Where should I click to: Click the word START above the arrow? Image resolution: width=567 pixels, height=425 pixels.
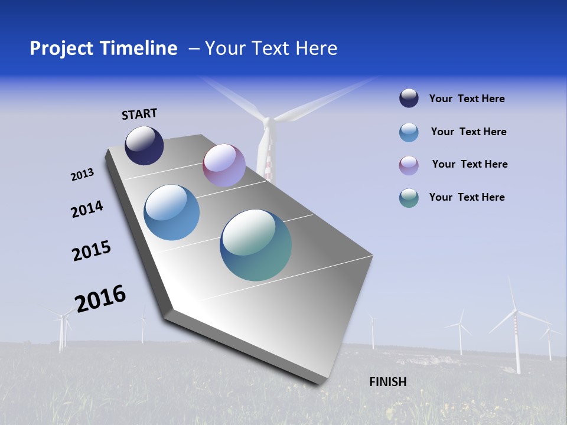pyautogui.click(x=139, y=114)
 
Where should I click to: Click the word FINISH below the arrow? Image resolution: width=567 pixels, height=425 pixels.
pyautogui.click(x=388, y=382)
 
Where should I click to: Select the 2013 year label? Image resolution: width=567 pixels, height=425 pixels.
pyautogui.click(x=82, y=175)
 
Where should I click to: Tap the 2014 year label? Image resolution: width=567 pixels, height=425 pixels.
pyautogui.click(x=87, y=209)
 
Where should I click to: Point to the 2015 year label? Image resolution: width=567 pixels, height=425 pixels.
pyautogui.click(x=92, y=250)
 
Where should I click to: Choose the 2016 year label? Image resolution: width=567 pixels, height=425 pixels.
pyautogui.click(x=100, y=298)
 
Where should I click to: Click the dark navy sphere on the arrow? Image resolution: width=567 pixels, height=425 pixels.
pyautogui.click(x=144, y=145)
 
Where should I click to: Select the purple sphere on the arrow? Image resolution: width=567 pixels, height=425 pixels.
pyautogui.click(x=224, y=165)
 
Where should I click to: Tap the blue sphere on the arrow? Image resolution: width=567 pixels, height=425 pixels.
pyautogui.click(x=172, y=212)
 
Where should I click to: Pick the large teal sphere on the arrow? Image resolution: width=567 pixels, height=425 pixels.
pyautogui.click(x=256, y=245)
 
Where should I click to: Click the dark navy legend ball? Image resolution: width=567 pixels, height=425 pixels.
pyautogui.click(x=409, y=99)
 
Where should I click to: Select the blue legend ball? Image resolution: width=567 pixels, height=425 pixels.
pyautogui.click(x=409, y=132)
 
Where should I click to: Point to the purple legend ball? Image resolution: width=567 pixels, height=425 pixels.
pyautogui.click(x=409, y=165)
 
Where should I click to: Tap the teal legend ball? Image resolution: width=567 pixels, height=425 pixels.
pyautogui.click(x=409, y=198)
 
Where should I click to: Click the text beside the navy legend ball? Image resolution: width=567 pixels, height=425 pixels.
pyautogui.click(x=467, y=99)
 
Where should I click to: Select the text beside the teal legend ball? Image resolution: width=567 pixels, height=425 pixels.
pyautogui.click(x=467, y=197)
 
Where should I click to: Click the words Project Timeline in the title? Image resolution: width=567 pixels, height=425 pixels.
pyautogui.click(x=103, y=48)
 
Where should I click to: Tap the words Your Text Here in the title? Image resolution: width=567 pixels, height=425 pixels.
pyautogui.click(x=271, y=48)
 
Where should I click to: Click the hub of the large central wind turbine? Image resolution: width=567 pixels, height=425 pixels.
pyautogui.click(x=267, y=122)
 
